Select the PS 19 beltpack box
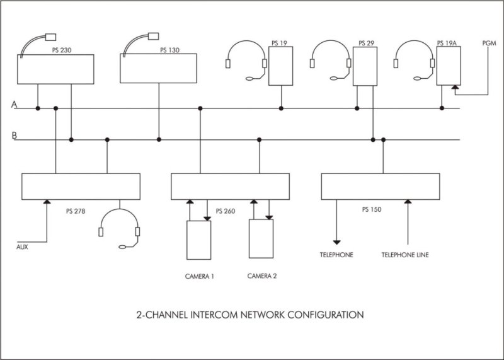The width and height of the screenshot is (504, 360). pyautogui.click(x=281, y=66)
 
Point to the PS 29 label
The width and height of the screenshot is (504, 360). pyautogui.click(x=366, y=43)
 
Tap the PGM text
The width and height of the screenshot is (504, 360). pyautogui.click(x=489, y=43)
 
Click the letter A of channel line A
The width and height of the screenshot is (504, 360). pyautogui.click(x=13, y=105)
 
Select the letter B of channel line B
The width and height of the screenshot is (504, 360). pyautogui.click(x=13, y=135)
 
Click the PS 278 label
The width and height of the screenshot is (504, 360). pyautogui.click(x=75, y=209)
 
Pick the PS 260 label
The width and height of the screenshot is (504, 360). pyautogui.click(x=225, y=211)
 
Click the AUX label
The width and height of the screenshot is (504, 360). pyautogui.click(x=22, y=247)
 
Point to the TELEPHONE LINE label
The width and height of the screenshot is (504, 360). pyautogui.click(x=406, y=255)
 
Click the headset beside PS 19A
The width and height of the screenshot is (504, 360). pyautogui.click(x=414, y=59)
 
